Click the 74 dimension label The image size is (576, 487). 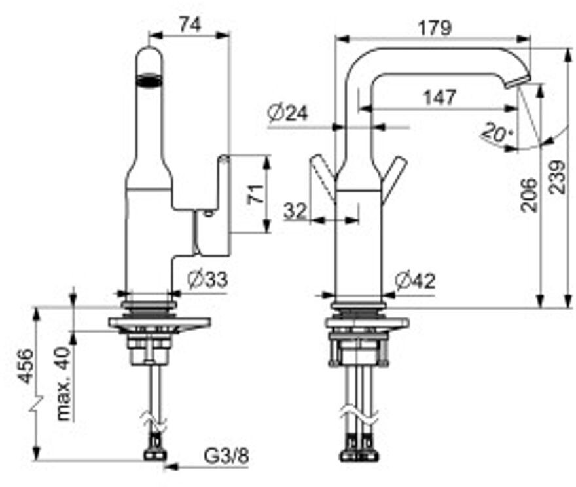[190, 25]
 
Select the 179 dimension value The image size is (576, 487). [435, 28]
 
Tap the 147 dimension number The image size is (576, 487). [440, 97]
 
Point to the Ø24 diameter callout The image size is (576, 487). [287, 113]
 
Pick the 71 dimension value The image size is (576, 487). [256, 194]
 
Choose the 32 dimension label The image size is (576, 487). [295, 211]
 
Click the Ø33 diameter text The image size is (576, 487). [207, 280]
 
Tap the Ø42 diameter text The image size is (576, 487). [415, 281]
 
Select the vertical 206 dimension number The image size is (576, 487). [530, 195]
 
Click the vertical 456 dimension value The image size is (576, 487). [26, 366]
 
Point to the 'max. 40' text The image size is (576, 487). [63, 384]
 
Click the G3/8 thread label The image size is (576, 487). [226, 456]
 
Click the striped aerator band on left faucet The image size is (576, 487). [149, 80]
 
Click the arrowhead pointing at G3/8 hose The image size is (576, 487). [170, 467]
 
